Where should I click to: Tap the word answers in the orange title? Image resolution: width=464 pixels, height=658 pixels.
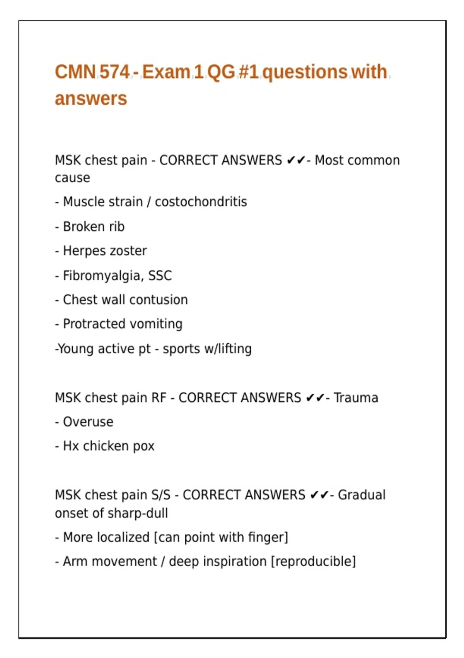click(x=91, y=99)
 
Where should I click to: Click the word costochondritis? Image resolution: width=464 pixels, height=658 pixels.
click(x=201, y=202)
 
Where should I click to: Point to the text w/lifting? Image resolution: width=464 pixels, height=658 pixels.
click(x=228, y=349)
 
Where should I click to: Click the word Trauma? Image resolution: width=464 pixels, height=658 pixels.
click(x=356, y=398)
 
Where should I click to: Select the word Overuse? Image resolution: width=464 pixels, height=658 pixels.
click(x=88, y=422)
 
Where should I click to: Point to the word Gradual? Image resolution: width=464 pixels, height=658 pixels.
click(x=362, y=495)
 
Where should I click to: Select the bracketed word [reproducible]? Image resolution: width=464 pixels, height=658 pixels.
click(x=313, y=561)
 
